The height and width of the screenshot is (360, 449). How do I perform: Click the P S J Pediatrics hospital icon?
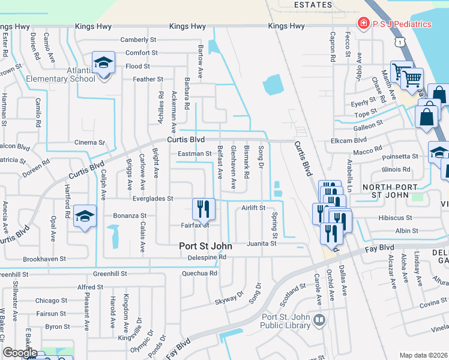click(363, 24)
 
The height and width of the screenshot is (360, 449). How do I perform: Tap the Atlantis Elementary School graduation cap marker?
click(103, 63)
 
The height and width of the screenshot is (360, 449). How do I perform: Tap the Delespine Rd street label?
click(205, 257)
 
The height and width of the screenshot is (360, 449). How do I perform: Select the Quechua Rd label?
click(200, 273)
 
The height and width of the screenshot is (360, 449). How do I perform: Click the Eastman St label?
click(194, 154)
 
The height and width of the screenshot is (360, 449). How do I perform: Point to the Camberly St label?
click(138, 40)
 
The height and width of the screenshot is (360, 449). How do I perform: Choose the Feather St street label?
click(148, 79)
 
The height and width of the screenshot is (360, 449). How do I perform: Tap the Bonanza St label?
click(130, 215)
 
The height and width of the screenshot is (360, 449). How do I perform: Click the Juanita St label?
click(261, 244)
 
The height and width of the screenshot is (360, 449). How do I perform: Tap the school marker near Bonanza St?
click(85, 217)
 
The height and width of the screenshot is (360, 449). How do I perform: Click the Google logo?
click(20, 353)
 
